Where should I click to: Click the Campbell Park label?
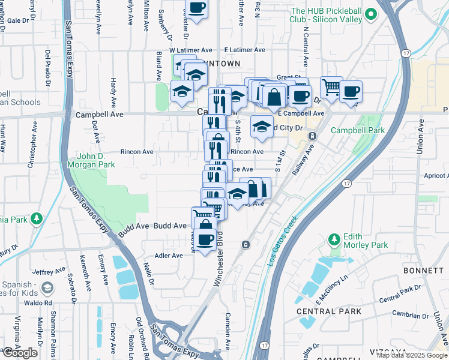coord(357,130)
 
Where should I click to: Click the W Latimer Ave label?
coord(191,50)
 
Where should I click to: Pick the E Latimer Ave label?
coord(243,50)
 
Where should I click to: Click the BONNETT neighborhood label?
coord(423,271)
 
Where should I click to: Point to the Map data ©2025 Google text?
coord(412,355)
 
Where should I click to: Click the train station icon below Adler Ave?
coord(246,244)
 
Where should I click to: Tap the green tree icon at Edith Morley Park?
coord(334,240)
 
